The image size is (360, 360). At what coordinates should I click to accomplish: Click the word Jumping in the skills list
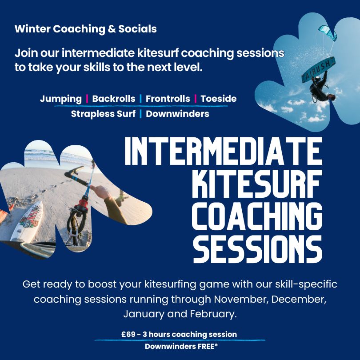(x=61, y=99)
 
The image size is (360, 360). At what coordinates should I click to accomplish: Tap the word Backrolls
(x=114, y=99)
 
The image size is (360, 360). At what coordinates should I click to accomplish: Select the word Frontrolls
(x=168, y=99)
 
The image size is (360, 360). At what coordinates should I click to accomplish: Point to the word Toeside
(x=219, y=99)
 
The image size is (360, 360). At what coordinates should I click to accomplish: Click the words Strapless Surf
(x=103, y=114)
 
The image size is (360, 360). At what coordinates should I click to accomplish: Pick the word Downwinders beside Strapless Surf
(x=177, y=114)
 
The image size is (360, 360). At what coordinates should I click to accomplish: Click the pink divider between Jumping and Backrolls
(x=87, y=99)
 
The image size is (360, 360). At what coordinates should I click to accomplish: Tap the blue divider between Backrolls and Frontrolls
(x=140, y=99)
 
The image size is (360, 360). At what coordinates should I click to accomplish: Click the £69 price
(x=128, y=334)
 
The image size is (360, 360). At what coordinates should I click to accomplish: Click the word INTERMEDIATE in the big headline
(x=224, y=151)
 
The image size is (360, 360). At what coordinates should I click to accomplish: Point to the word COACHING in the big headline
(x=257, y=216)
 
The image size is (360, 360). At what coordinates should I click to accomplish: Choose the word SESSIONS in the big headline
(x=258, y=249)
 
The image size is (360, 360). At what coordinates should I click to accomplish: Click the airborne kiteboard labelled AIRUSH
(x=318, y=69)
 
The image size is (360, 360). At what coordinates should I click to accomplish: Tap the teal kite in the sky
(x=328, y=32)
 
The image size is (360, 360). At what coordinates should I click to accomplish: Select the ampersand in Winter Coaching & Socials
(x=112, y=29)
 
